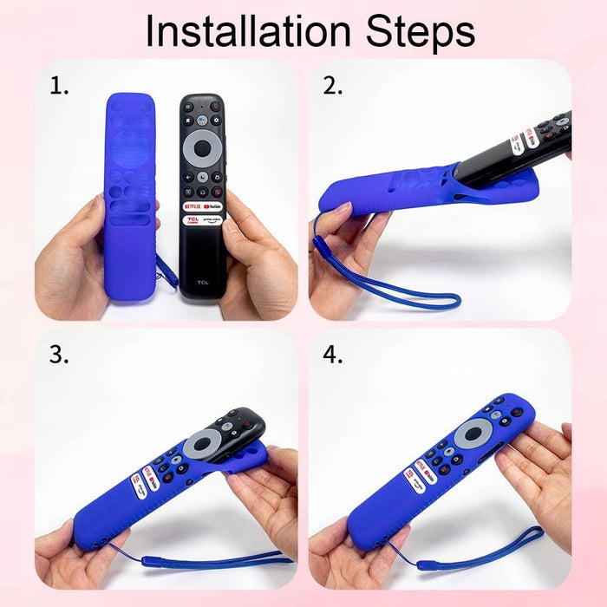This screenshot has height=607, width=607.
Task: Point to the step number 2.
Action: pyautogui.click(x=333, y=86)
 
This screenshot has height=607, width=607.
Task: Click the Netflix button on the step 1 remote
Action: pyautogui.click(x=192, y=206)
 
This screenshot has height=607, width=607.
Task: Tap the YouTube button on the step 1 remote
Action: pyautogui.click(x=213, y=206)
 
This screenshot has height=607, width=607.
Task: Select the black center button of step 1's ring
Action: pyautogui.click(x=202, y=148)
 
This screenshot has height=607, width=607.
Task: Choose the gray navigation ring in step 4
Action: pyautogui.click(x=473, y=433)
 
